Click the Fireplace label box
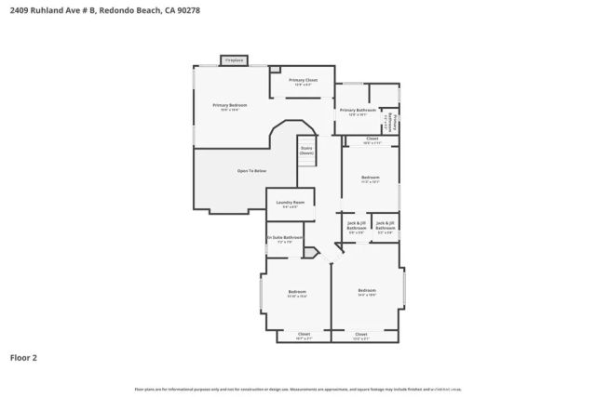(234, 60)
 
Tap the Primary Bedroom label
(230, 106)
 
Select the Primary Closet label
(303, 81)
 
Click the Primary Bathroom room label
(359, 112)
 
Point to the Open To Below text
(251, 171)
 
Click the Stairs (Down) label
(306, 151)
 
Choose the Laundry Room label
(291, 204)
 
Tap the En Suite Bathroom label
(284, 238)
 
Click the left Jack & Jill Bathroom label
(357, 227)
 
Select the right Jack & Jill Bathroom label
(386, 226)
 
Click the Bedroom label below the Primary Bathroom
(371, 179)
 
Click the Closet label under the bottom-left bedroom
(304, 335)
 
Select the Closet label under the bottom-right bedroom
(361, 335)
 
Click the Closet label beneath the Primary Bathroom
(372, 140)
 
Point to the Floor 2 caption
(24, 357)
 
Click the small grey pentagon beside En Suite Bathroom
(310, 251)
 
